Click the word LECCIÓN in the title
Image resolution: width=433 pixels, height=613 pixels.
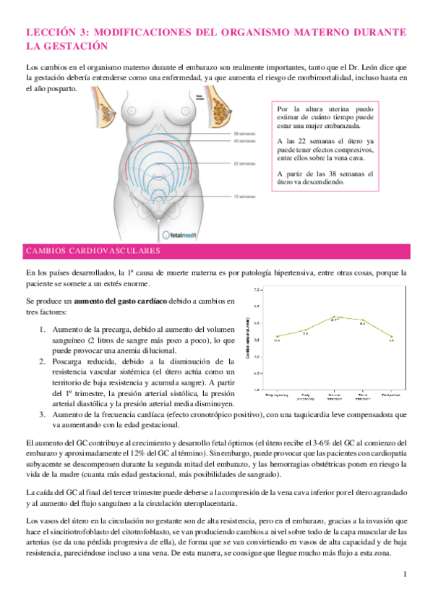tap(49, 33)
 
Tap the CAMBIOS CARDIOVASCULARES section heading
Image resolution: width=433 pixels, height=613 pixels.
tap(93, 252)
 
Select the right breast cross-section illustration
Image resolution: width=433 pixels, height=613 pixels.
tap(219, 108)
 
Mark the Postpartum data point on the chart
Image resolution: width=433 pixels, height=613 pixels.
tap(391, 337)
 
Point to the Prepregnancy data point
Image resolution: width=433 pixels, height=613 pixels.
tap(278, 336)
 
